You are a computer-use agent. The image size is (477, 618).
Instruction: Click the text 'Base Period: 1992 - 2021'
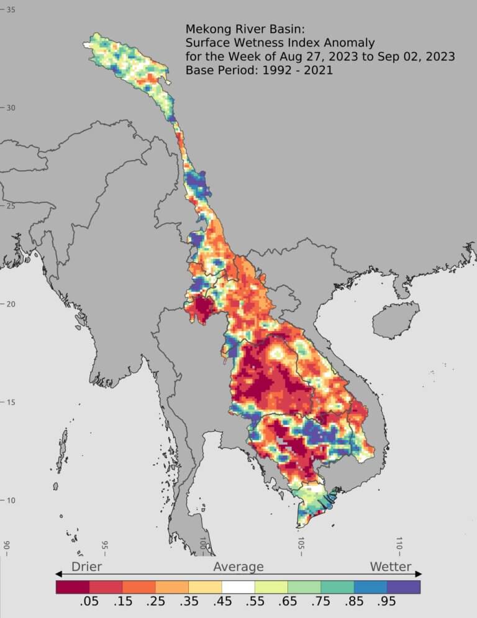[x=259, y=70]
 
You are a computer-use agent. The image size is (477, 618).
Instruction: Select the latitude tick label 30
[x=11, y=108]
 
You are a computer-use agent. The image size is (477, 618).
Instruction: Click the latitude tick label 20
[x=11, y=304]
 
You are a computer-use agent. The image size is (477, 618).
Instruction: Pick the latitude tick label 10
[x=11, y=501]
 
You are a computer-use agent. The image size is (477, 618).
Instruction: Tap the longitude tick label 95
[x=105, y=547]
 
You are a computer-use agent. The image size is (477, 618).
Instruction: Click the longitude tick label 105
[x=301, y=544]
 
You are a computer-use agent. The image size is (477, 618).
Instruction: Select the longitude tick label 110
[x=399, y=544]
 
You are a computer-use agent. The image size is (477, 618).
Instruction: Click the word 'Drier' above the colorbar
[x=86, y=566]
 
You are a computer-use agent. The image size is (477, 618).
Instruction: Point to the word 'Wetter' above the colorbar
[x=391, y=566]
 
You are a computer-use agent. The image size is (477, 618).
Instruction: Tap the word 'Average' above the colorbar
[x=238, y=566]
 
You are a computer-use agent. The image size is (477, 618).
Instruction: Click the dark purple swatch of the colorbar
[x=404, y=586]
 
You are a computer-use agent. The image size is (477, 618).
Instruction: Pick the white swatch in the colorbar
[x=238, y=586]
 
